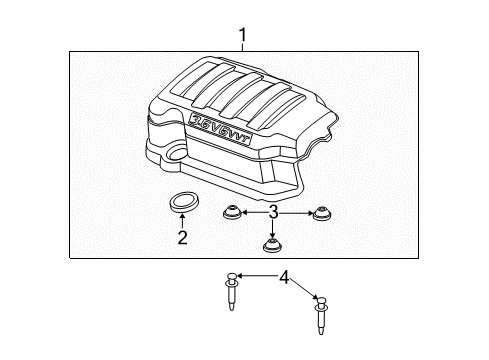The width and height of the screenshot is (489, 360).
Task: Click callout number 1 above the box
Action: point(242,36)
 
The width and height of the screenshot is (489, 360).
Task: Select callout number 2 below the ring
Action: point(182,237)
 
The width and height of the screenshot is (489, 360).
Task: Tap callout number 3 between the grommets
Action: point(273,211)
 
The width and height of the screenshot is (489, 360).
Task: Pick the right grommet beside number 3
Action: point(320,212)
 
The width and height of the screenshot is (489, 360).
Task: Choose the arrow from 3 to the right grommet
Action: point(296,211)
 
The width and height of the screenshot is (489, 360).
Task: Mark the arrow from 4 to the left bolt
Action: point(256,276)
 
